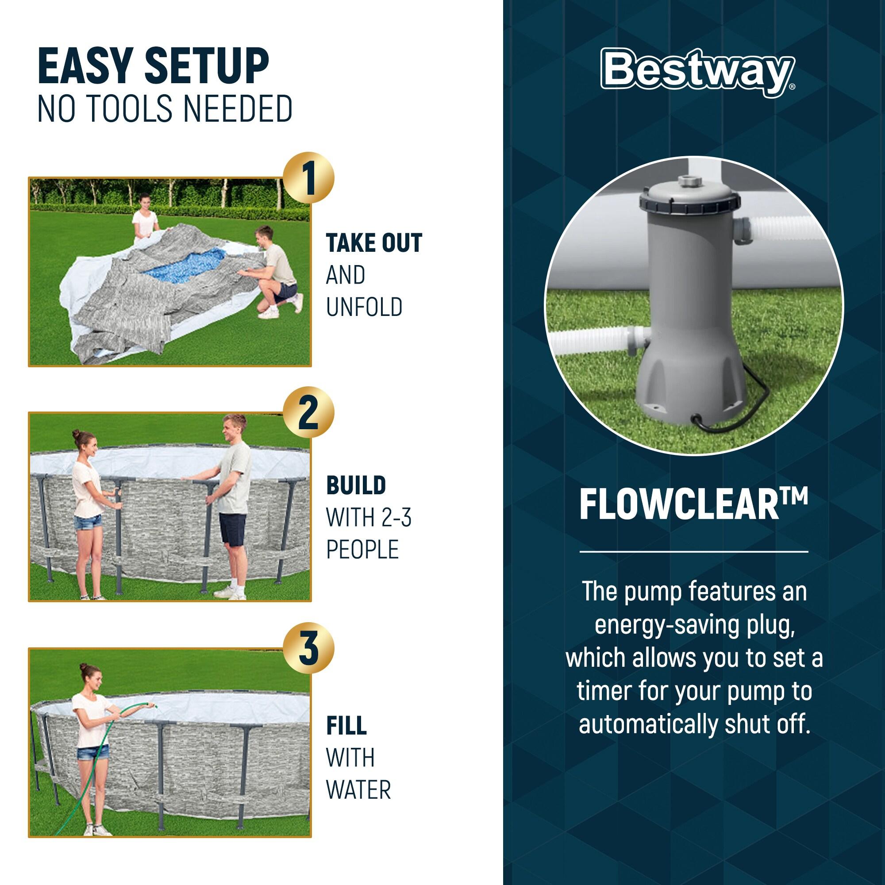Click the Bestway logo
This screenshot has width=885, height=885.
point(698,73)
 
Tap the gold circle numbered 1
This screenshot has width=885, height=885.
point(308,178)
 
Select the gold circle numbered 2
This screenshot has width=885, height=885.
point(308,412)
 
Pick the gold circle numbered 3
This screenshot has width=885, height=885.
point(308,648)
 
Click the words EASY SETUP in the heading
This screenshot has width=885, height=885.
point(154,66)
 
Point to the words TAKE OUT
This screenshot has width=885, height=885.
point(374,243)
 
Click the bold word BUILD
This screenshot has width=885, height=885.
point(356,485)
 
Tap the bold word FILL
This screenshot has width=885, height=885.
point(346,726)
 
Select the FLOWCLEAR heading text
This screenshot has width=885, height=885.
point(693,504)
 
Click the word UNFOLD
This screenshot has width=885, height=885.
point(364,307)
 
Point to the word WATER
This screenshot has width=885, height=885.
point(358,790)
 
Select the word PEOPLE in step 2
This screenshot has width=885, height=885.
point(362,549)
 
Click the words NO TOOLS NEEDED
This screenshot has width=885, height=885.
point(165,108)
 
